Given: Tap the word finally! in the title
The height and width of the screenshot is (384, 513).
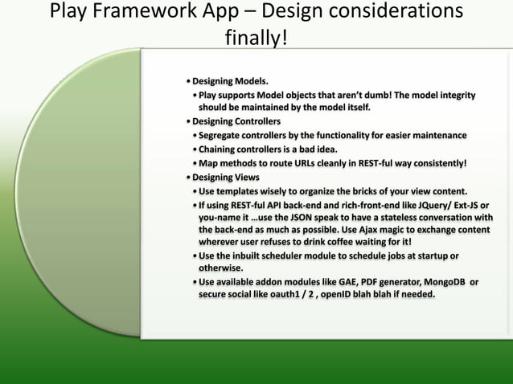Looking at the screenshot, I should [x=255, y=38].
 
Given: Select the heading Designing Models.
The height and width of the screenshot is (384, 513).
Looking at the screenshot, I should [x=230, y=81].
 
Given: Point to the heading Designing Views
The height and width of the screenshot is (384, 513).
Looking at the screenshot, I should [x=225, y=177].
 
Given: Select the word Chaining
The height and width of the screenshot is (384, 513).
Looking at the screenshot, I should [x=220, y=149].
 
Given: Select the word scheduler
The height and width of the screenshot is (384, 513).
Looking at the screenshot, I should [x=285, y=255].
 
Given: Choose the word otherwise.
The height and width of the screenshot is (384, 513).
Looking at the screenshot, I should [x=221, y=268].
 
